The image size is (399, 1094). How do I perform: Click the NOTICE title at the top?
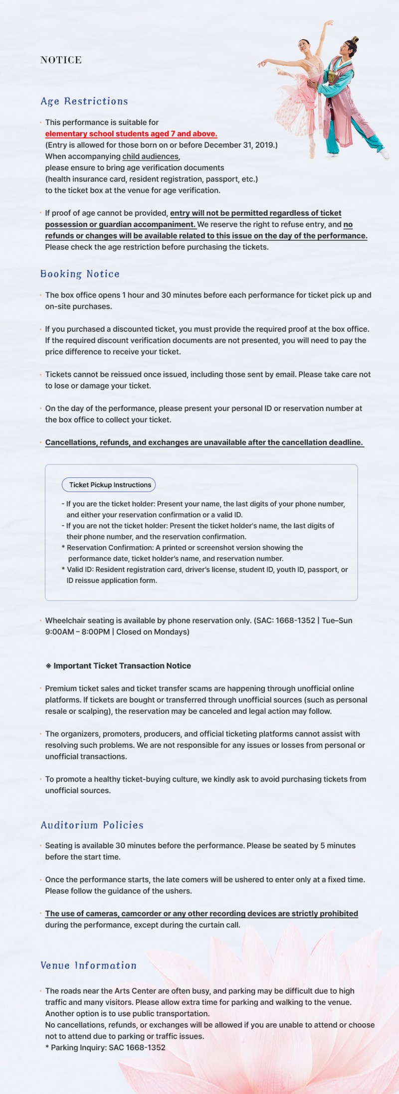point(61,60)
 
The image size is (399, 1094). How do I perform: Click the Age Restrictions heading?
point(84,102)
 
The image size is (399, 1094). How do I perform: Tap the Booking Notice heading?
point(80,274)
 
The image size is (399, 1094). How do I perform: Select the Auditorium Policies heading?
point(92,825)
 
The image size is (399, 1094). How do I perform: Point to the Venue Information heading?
point(88,965)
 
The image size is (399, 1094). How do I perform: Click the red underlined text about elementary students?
point(131,134)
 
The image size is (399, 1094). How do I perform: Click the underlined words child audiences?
point(150,156)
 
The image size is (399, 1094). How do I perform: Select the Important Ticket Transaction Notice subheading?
point(122,666)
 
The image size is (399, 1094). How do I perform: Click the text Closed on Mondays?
point(153,632)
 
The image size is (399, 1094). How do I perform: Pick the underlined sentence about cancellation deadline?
point(204,442)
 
